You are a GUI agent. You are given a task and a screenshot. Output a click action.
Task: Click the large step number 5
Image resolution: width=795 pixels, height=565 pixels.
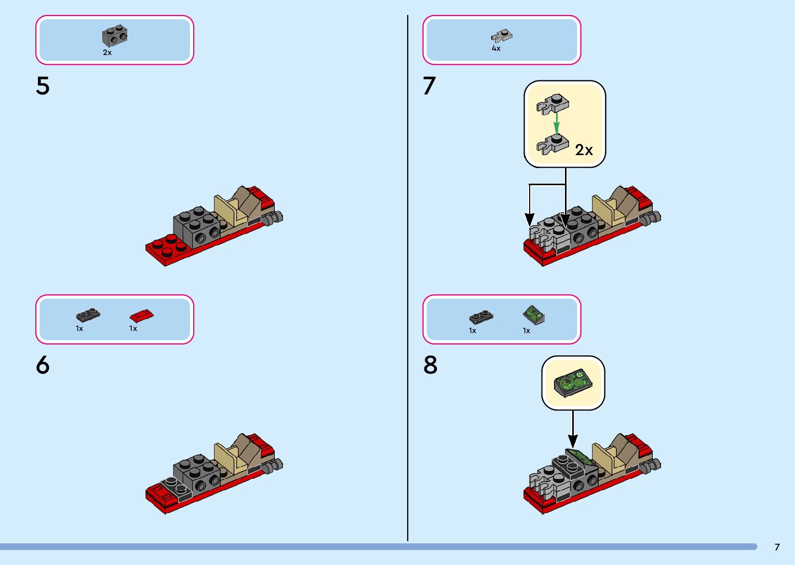(x=43, y=86)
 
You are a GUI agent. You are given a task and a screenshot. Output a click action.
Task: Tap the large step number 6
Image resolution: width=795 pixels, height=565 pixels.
(x=43, y=365)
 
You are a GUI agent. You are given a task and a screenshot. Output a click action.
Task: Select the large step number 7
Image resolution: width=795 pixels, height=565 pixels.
(x=429, y=86)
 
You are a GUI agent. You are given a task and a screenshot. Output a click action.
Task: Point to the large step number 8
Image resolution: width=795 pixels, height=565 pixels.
(x=430, y=365)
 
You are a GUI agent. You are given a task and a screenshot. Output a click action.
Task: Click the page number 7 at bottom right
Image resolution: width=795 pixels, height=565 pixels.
(x=777, y=547)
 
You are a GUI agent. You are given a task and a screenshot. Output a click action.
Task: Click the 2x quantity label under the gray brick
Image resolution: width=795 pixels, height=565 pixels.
(x=107, y=52)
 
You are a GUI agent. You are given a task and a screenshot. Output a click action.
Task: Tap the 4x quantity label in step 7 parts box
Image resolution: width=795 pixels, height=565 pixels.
(x=496, y=48)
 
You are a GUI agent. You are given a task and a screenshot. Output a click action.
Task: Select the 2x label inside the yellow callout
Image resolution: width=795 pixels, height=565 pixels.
(x=584, y=150)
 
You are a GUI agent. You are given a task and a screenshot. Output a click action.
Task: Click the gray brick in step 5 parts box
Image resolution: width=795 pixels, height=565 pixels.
(x=115, y=35)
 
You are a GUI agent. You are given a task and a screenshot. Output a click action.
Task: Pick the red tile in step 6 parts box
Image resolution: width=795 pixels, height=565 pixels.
(x=142, y=315)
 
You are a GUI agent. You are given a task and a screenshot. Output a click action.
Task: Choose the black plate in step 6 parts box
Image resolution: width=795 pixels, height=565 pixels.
(x=88, y=315)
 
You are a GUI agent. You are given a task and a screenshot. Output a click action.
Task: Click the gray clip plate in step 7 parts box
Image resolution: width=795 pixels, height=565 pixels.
(x=502, y=36)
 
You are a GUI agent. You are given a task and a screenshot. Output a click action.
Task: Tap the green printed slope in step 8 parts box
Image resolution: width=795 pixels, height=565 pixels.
(x=534, y=315)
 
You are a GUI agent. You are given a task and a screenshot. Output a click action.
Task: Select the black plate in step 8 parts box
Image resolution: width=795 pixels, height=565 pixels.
(x=481, y=317)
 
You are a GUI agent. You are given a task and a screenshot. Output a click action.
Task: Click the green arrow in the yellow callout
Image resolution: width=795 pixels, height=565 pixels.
(x=557, y=123)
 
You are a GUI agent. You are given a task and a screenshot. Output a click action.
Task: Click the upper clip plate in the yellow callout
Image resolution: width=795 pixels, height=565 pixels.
(x=553, y=104)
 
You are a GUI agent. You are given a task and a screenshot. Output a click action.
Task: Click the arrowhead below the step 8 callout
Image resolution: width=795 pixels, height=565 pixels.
(x=573, y=441)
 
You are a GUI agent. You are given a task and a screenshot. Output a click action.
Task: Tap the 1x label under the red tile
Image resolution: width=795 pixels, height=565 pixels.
(x=133, y=329)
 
